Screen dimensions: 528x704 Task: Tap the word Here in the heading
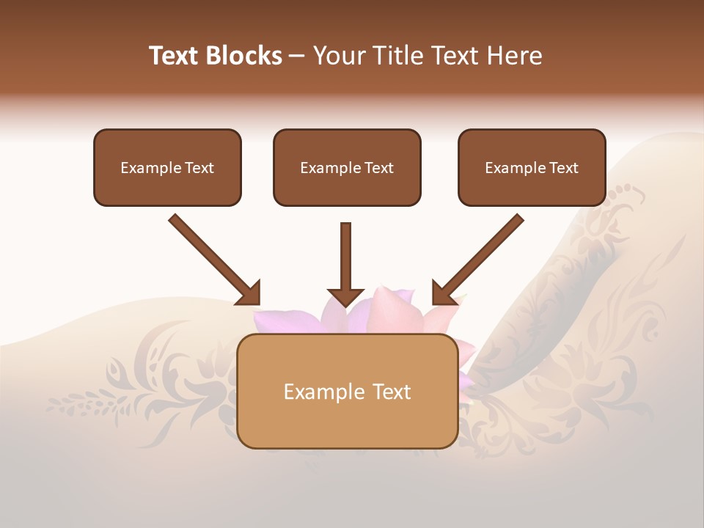tap(515, 56)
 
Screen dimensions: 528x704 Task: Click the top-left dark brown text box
tap(167, 168)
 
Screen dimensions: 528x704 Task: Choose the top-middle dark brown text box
tap(347, 168)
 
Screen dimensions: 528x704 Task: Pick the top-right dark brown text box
tap(532, 168)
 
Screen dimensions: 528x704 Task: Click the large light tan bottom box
tap(348, 391)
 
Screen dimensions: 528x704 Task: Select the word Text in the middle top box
tap(379, 168)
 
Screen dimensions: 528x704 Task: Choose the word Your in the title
tap(337, 56)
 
